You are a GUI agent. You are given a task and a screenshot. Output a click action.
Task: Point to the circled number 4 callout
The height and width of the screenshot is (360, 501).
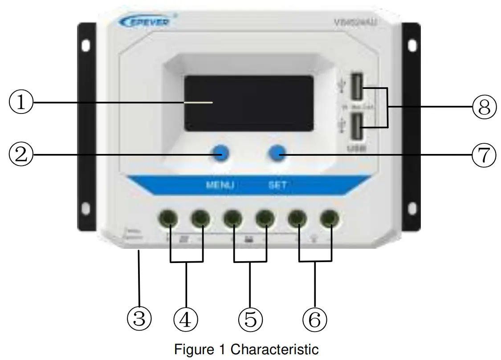coord(186,319)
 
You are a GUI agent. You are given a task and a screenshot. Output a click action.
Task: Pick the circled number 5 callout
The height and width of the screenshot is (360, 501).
coord(250,319)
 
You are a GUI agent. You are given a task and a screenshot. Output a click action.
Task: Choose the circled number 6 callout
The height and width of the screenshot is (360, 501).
coord(314,319)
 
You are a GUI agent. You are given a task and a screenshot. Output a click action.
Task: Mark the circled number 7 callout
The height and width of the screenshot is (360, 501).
coord(483,155)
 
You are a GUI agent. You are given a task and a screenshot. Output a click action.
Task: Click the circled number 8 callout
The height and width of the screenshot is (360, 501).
coord(484,107)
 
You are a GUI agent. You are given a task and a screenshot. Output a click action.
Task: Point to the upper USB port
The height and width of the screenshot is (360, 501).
coord(356,87)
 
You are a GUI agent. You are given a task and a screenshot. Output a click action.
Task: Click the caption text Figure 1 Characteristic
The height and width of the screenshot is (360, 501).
coord(246,349)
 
